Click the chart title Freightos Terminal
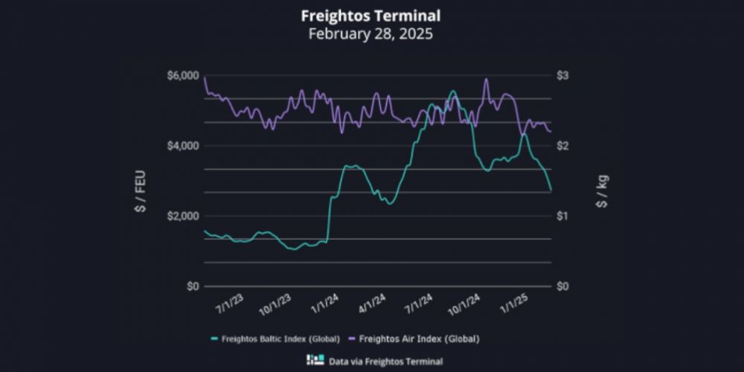click(371, 16)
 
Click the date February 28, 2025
click(371, 33)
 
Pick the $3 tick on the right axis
click(563, 76)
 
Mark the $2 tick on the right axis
click(563, 146)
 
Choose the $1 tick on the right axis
click(563, 216)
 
